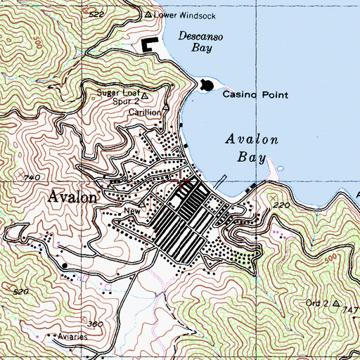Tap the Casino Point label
247,94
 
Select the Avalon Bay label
252,148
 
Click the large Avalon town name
72,197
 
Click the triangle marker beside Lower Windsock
148,15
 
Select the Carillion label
146,112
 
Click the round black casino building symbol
205,86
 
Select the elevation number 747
352,309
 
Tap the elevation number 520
20,290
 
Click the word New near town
132,210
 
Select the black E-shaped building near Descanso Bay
149,46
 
